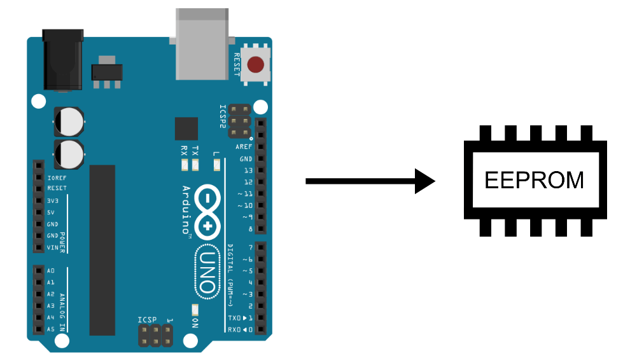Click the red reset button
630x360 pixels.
256,65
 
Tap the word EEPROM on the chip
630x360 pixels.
534,180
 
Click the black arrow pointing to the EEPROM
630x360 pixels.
369,181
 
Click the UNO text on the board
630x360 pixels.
207,270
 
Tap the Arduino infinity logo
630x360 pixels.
207,210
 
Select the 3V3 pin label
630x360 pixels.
53,200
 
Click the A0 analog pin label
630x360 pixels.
51,270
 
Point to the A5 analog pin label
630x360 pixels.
51,329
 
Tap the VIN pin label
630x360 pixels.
53,247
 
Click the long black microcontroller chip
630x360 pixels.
102,250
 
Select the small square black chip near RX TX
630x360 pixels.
186,128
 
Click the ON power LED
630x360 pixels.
195,310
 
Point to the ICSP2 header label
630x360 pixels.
223,117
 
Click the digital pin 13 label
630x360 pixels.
248,170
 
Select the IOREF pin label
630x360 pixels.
57,177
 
